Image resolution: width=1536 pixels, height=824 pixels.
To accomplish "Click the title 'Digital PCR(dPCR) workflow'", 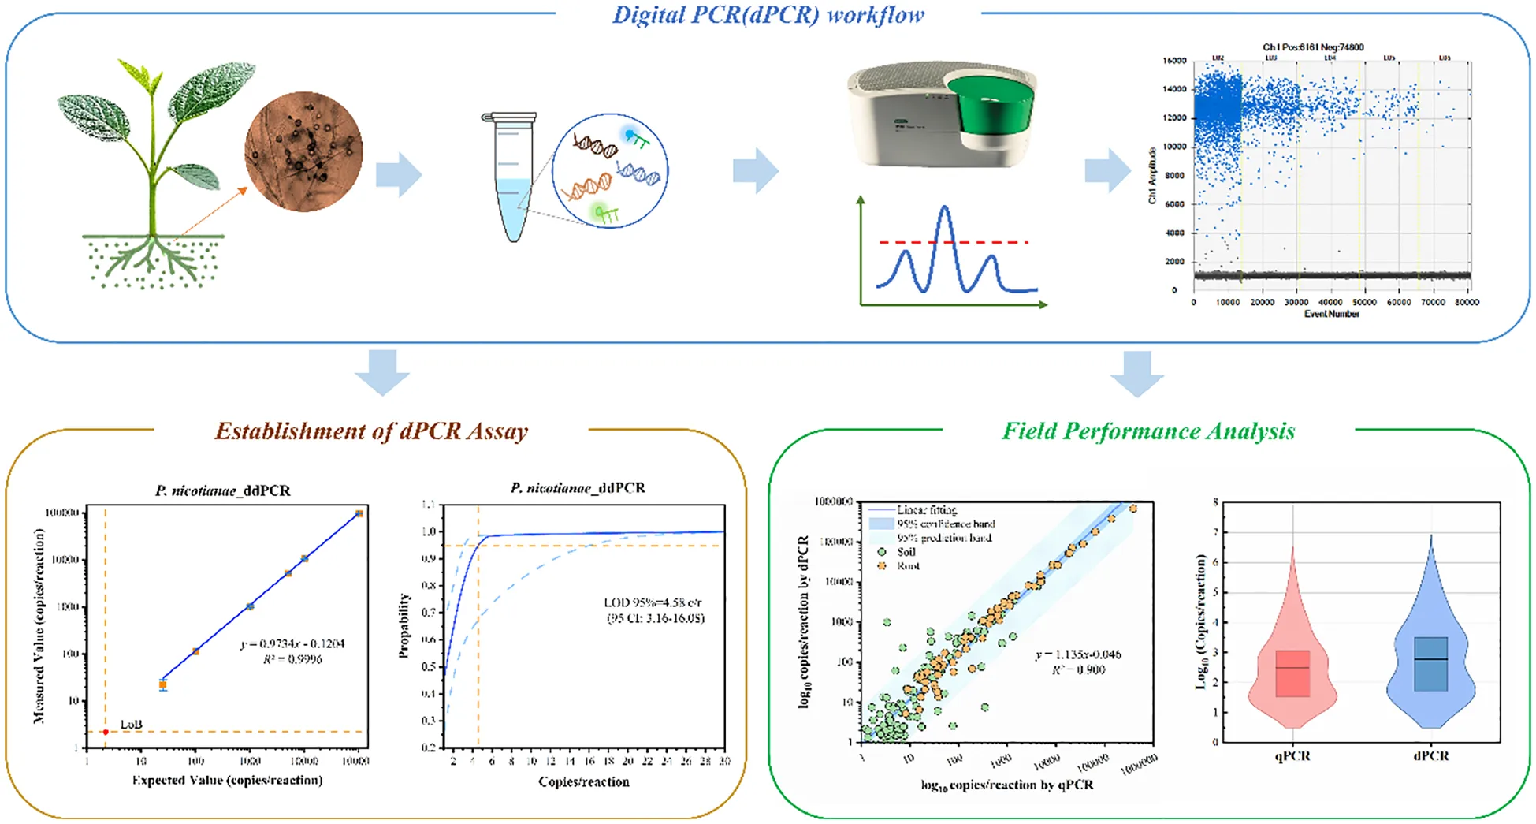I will coord(768,15).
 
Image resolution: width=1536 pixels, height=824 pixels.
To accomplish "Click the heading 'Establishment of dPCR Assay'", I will coord(371,431).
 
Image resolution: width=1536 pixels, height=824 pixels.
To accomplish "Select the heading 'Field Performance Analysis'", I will coord(1147,431).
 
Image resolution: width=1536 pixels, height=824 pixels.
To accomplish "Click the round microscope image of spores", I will coord(303,151).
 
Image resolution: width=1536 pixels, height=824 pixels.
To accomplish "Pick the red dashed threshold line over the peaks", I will coord(954,242).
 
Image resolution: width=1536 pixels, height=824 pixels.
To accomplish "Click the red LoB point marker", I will coord(106,732).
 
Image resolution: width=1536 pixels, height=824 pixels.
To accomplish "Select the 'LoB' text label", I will coord(131,724).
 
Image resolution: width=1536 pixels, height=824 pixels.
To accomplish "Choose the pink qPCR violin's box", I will coord(1292,673).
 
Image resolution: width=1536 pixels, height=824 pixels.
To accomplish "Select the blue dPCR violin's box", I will coord(1430,663).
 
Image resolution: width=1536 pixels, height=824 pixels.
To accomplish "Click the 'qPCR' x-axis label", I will coord(1292,755).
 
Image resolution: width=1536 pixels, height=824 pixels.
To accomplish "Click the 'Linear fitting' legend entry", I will coord(925,510).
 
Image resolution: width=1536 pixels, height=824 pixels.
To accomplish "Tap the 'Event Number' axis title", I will coord(1331,314).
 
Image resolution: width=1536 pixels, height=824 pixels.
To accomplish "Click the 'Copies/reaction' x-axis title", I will coord(583,781).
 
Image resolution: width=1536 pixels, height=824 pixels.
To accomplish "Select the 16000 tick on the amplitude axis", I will coord(1174,61).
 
